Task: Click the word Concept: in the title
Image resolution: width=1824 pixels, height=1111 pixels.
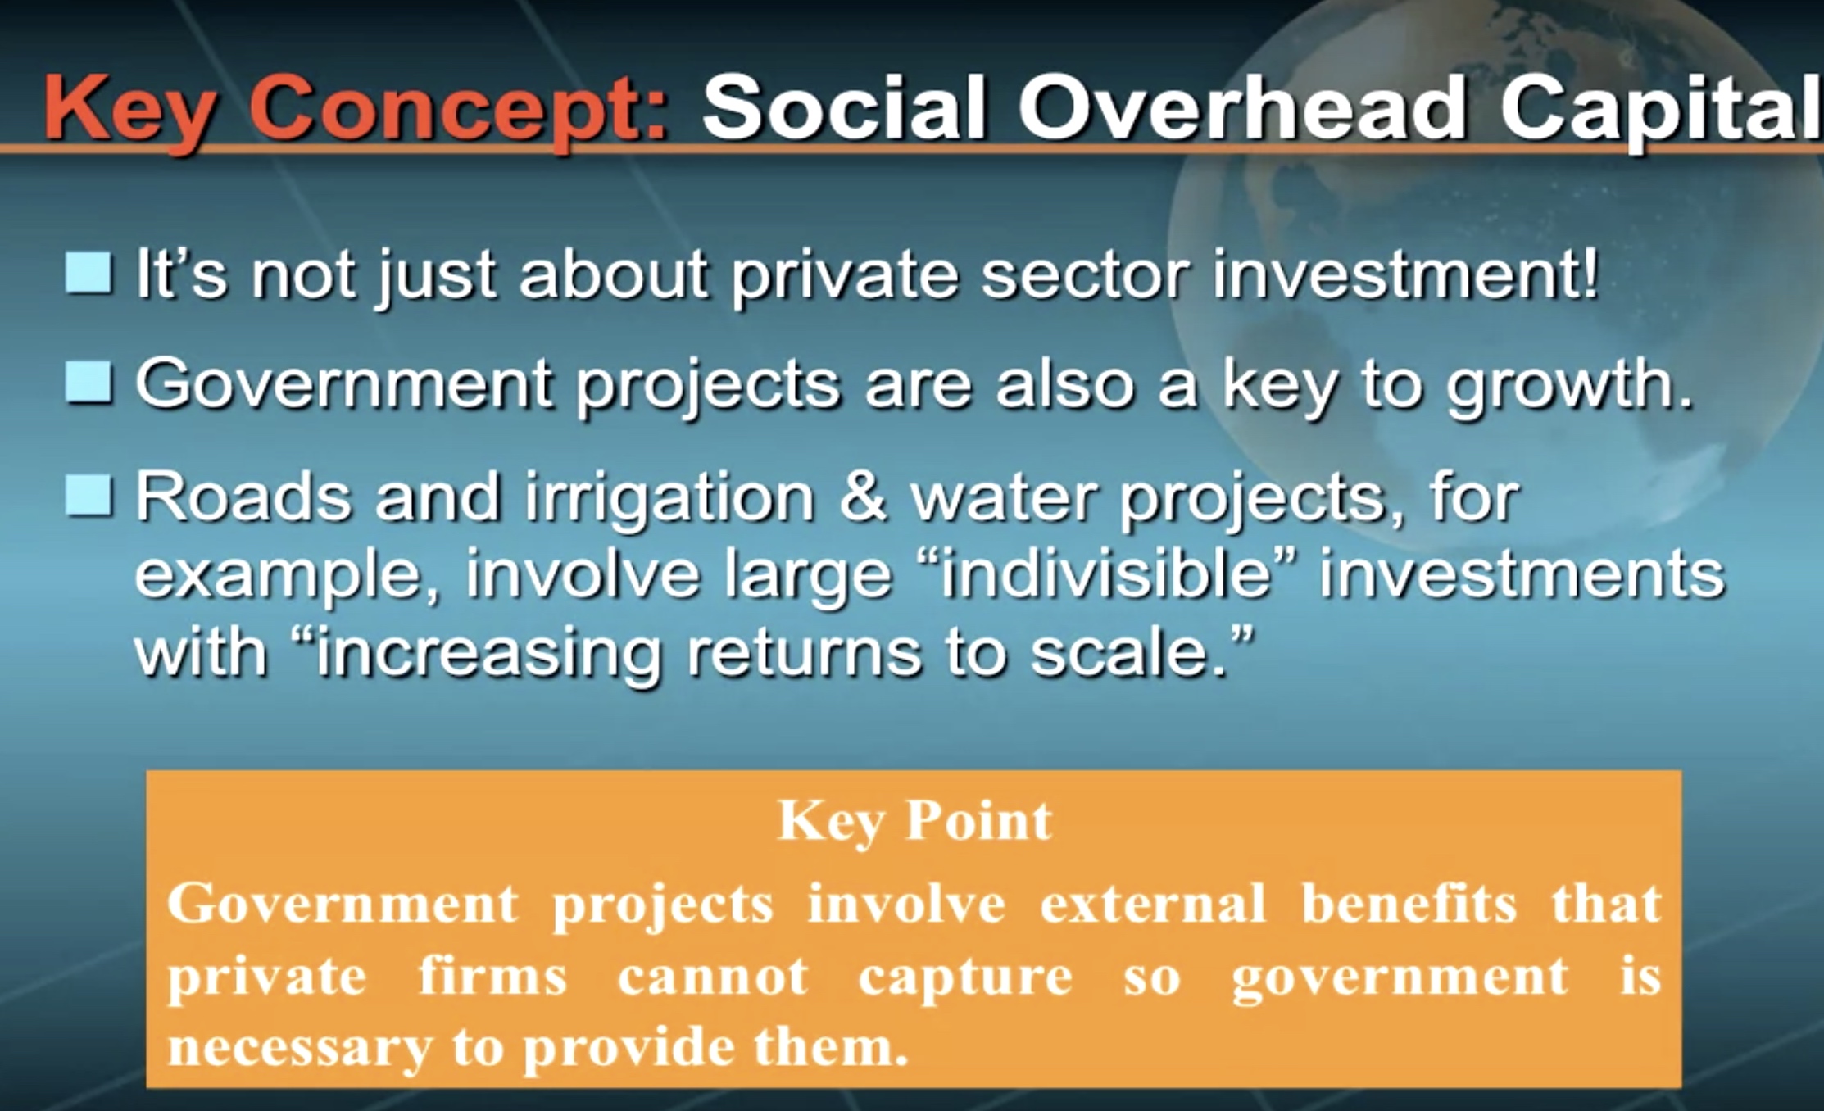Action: tap(459, 111)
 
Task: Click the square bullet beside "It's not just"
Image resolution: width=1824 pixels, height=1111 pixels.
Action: tap(88, 272)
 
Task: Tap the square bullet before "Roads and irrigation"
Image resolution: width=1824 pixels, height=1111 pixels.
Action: tap(88, 495)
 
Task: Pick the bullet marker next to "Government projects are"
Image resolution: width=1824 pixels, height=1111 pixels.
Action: tap(88, 383)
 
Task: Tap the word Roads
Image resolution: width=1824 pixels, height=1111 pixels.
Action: tap(243, 497)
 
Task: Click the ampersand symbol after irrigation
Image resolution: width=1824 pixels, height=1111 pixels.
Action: tap(863, 497)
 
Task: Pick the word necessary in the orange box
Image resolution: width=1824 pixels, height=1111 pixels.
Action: tap(300, 1048)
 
